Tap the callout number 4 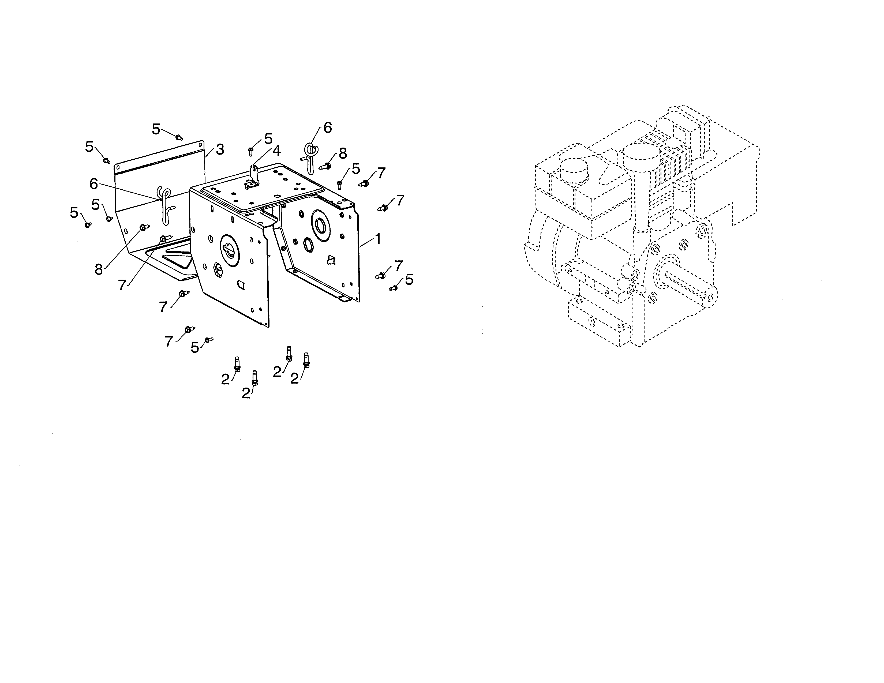tap(276, 151)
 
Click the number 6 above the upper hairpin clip tap(327, 128)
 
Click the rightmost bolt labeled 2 tap(306, 360)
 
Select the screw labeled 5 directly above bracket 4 tap(250, 152)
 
